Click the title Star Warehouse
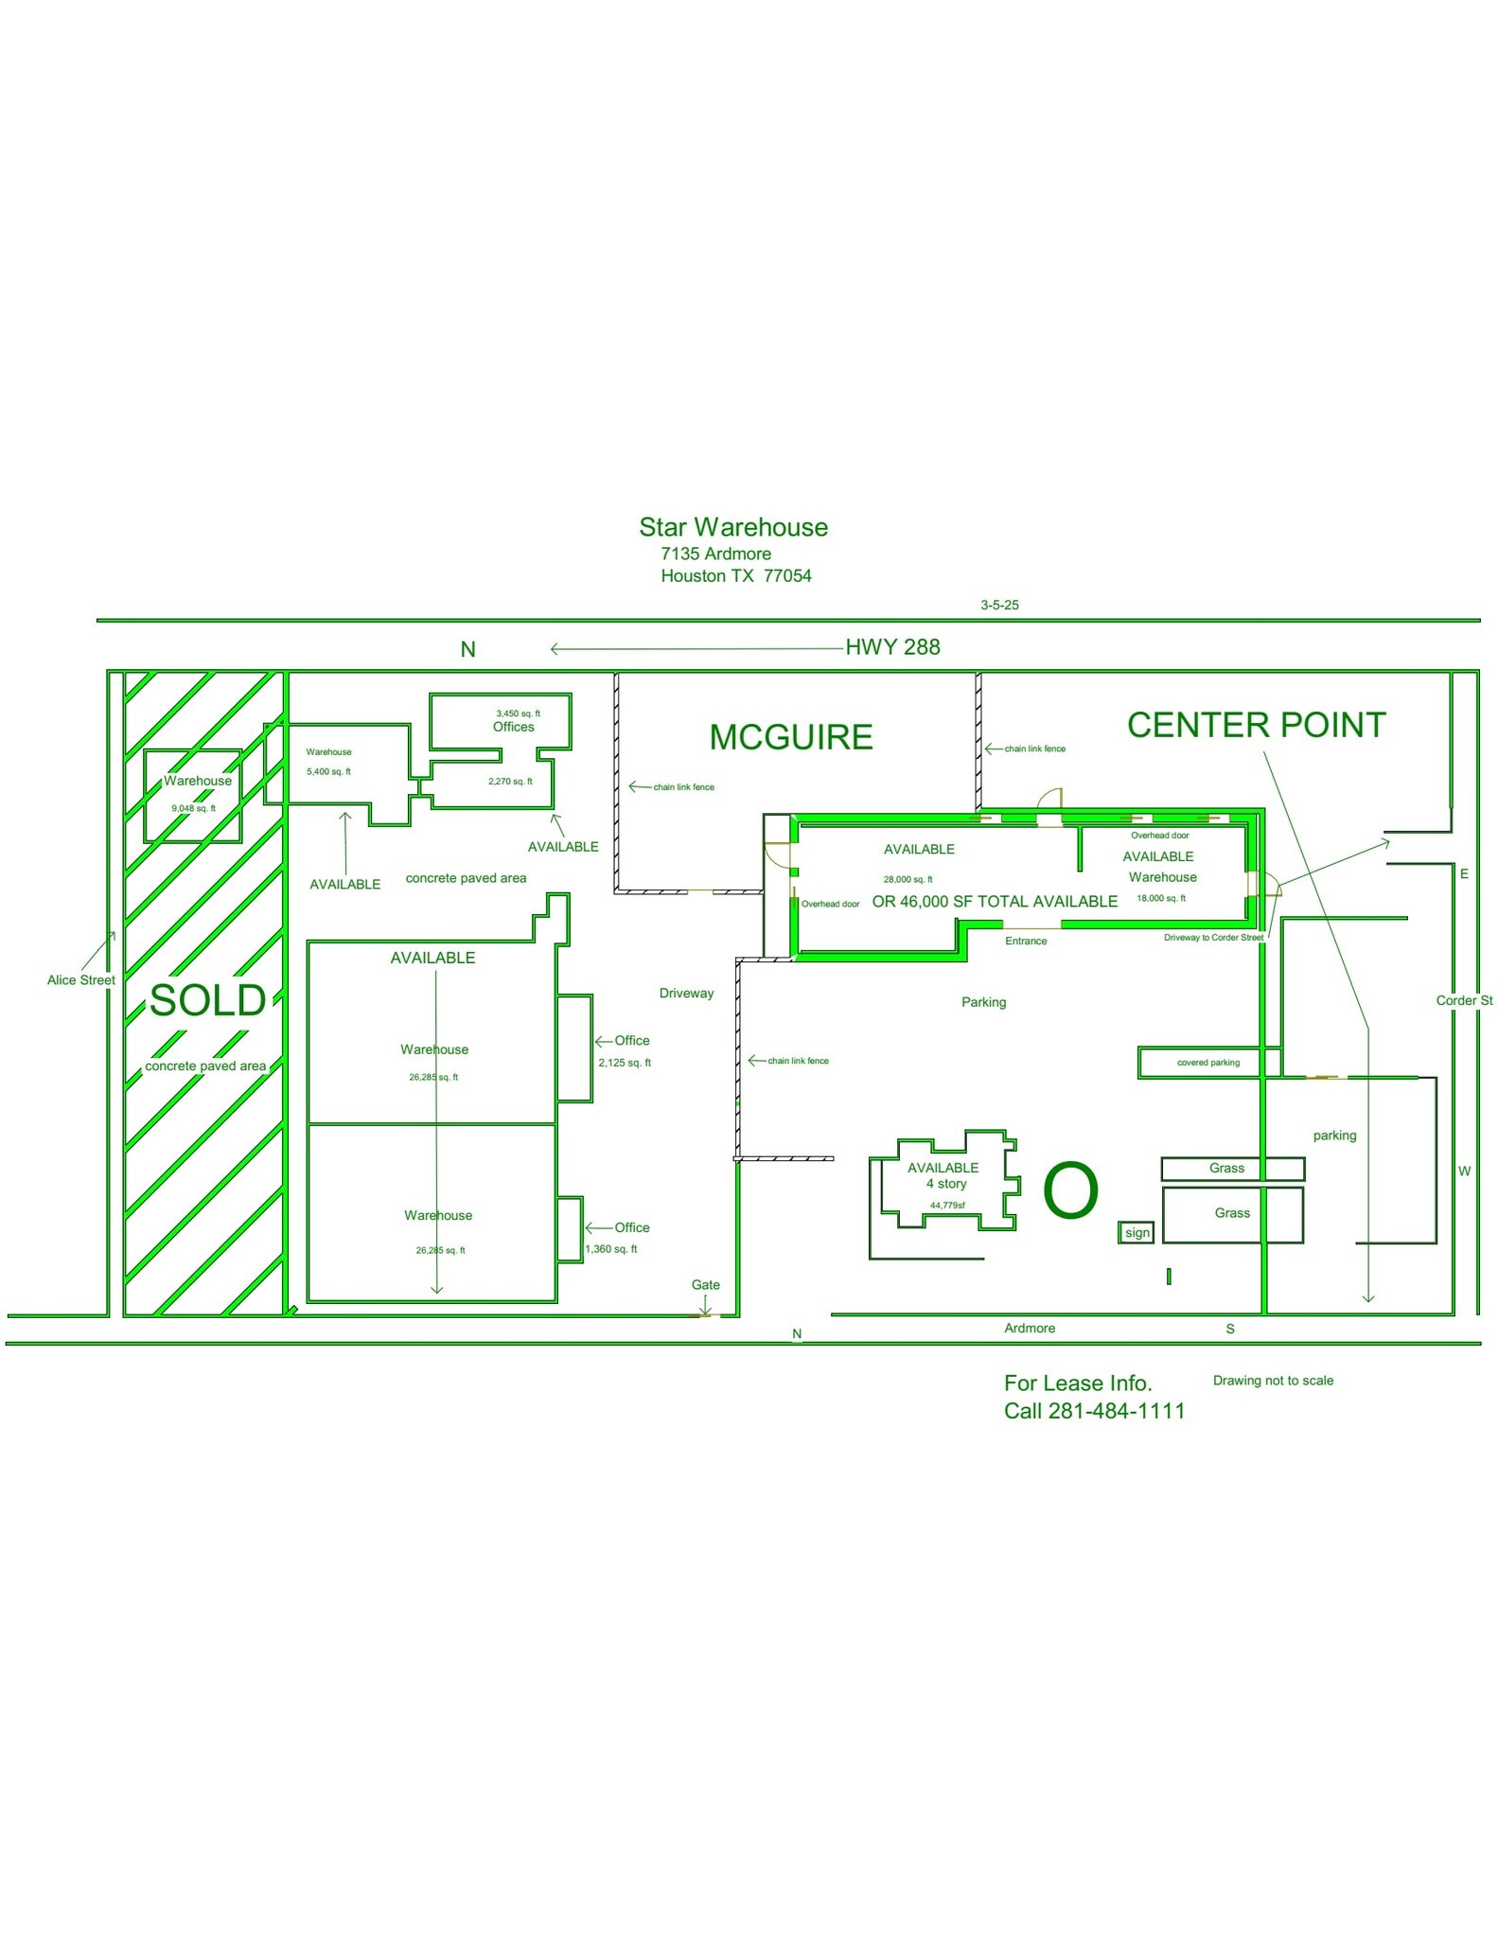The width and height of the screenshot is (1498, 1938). pos(732,527)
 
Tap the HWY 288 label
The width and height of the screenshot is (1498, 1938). pos(892,647)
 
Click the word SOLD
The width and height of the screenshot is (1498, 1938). pos(207,1000)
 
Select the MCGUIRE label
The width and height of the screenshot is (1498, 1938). pos(791,737)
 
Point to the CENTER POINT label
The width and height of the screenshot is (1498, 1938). pos(1256,725)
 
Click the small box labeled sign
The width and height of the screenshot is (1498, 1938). pos(1137,1232)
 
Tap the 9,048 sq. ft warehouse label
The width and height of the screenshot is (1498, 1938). pos(193,808)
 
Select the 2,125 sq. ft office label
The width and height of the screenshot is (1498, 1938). pos(625,1063)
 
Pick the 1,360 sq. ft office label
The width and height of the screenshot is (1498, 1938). pos(611,1249)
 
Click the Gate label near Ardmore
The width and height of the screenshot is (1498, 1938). pos(705,1284)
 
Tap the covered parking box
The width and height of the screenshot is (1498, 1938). pos(1207,1063)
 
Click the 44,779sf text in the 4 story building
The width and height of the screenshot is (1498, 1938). pos(947,1206)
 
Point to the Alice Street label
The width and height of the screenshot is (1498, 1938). pos(81,980)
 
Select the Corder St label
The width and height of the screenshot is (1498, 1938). pos(1463,1000)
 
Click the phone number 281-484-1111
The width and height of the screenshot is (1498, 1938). pos(1117,1411)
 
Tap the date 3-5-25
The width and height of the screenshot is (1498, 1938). pos(999,605)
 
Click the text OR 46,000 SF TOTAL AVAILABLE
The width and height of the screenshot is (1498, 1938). pos(995,902)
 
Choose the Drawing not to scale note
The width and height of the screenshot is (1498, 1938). pos(1273,1381)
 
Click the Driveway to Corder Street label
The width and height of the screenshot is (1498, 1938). pos(1213,938)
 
